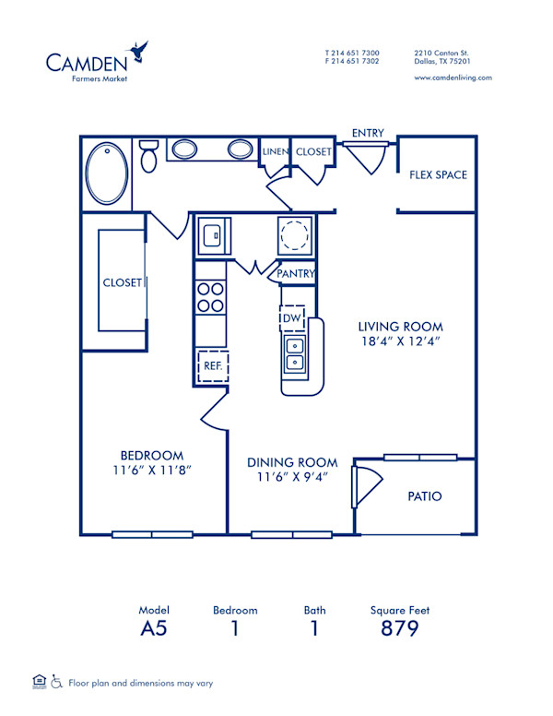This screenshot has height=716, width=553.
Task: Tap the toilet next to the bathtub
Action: (148, 157)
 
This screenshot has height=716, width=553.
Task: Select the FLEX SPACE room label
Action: (438, 175)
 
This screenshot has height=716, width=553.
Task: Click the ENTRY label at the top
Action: (368, 134)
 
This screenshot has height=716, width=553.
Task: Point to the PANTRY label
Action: (296, 274)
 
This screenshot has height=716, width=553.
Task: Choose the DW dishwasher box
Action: (292, 317)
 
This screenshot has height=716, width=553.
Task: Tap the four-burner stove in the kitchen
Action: (211, 296)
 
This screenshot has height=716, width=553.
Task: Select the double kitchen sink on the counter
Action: (295, 354)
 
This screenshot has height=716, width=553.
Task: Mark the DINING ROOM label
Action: (291, 462)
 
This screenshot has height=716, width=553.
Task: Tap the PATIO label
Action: (424, 496)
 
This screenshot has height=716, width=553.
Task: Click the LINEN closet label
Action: (276, 151)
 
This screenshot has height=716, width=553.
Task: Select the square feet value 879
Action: (399, 629)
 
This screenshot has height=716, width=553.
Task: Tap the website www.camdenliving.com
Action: (453, 78)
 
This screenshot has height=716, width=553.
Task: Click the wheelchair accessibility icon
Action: (57, 683)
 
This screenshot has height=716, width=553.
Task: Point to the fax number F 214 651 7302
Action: (351, 61)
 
